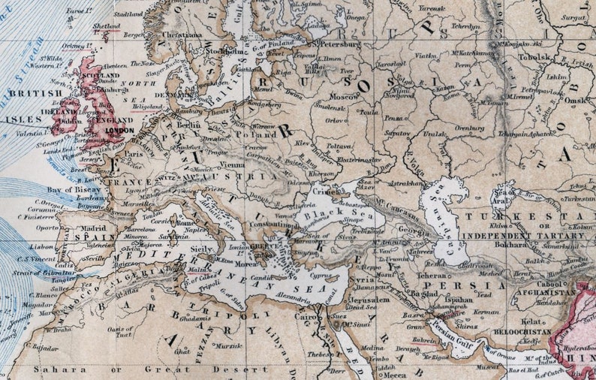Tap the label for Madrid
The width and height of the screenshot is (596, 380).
pos(95,228)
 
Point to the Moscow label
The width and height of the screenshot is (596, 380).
pos(345,97)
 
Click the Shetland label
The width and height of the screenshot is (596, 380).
pos(106,26)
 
